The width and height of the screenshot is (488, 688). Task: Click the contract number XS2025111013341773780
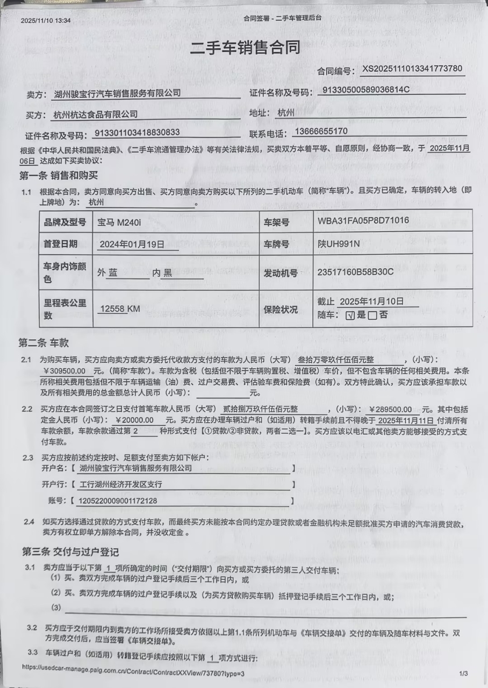(x=412, y=69)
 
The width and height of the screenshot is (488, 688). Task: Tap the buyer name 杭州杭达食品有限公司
(x=96, y=114)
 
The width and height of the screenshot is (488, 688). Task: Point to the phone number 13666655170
(x=321, y=131)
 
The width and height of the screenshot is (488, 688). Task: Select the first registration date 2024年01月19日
(x=132, y=244)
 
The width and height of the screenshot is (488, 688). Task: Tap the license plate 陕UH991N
(x=339, y=245)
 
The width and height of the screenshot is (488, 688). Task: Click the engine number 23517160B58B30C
(x=356, y=272)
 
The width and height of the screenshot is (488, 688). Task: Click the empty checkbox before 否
(x=372, y=316)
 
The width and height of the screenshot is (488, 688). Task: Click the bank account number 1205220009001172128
(x=118, y=501)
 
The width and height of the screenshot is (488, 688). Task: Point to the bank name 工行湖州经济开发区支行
(x=120, y=484)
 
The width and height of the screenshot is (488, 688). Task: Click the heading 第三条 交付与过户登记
(x=70, y=552)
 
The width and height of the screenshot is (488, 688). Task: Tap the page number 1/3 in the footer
(x=463, y=673)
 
